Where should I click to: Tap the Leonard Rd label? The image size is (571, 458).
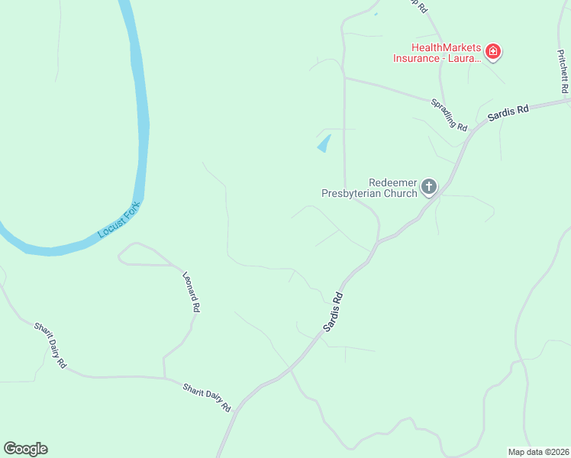coord(192,292)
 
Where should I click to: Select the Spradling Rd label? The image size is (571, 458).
coord(448,114)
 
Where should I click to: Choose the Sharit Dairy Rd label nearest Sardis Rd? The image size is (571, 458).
coord(206,398)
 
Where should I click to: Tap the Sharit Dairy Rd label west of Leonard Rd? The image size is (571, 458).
coord(50,345)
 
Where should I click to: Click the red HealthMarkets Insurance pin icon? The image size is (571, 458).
coord(493,52)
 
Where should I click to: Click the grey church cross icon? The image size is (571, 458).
coord(429,185)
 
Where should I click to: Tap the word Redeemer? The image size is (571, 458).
coord(393,182)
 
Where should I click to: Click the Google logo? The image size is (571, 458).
coord(25,449)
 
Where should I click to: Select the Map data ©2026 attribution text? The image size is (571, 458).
coord(538,451)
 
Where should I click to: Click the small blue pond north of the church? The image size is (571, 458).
coord(324,144)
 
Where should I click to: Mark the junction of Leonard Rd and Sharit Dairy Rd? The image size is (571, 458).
coord(164,377)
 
